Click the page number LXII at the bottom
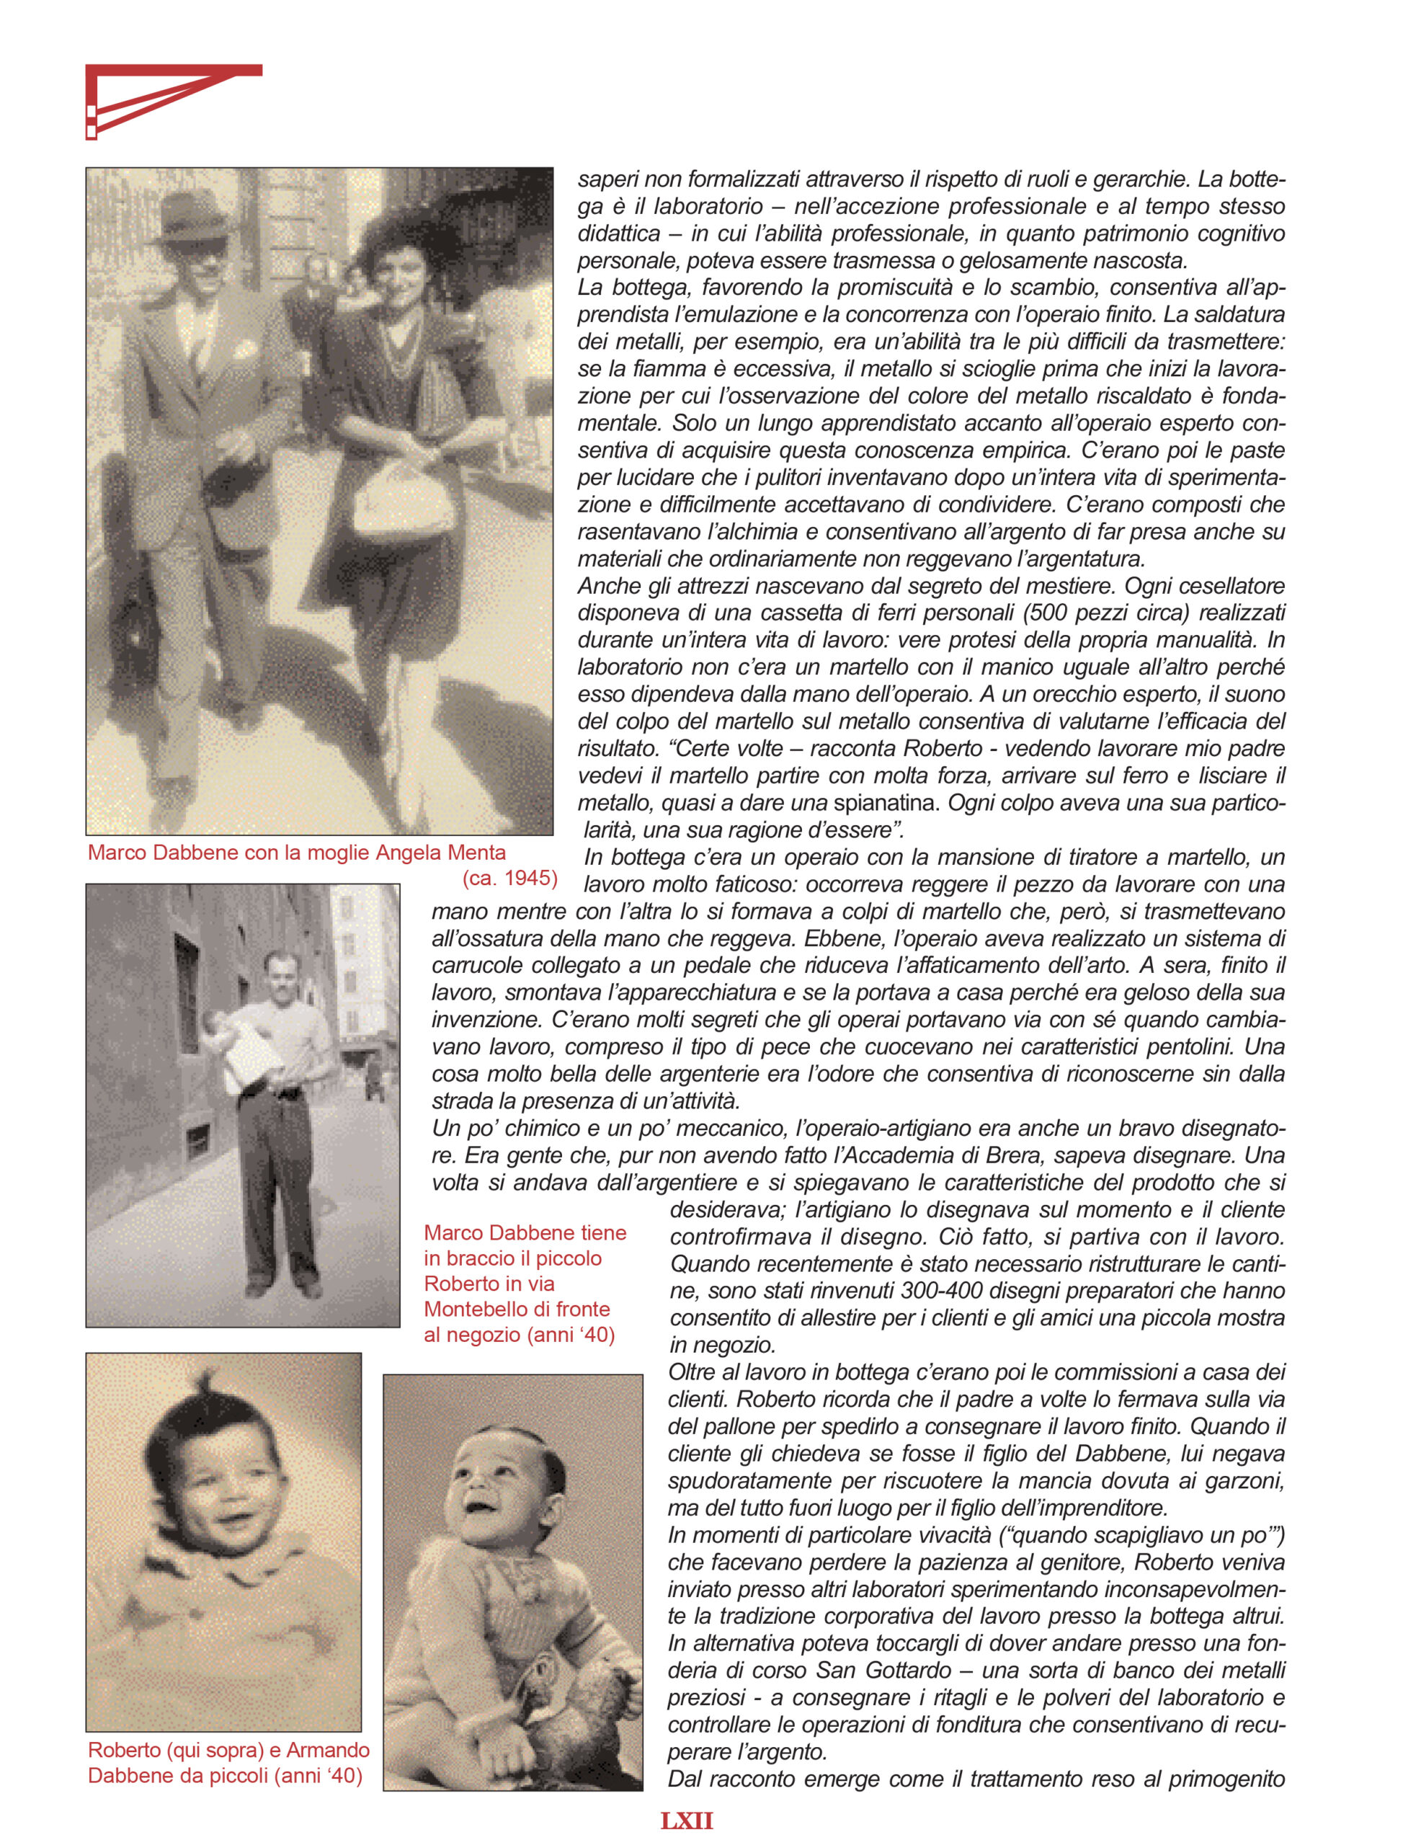687,1820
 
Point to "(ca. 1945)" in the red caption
509,878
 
